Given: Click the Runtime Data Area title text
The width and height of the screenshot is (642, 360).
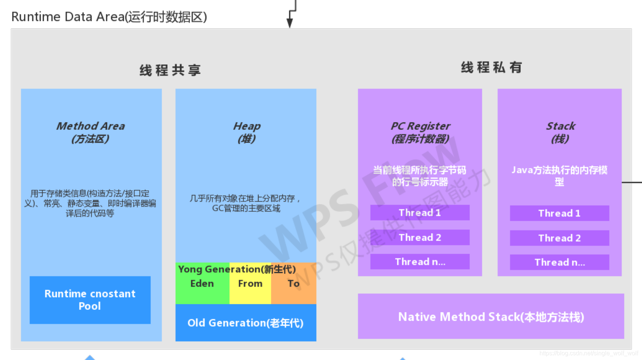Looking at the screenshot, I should tap(109, 17).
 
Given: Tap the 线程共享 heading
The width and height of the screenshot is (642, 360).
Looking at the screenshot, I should tap(170, 70).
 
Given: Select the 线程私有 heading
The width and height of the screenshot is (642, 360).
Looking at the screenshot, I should tap(491, 67).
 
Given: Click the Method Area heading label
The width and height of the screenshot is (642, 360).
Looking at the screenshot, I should tap(91, 132).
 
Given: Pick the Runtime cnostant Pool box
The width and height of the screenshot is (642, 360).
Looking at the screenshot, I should tap(90, 300).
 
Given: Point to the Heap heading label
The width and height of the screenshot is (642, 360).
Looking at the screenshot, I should tap(247, 132).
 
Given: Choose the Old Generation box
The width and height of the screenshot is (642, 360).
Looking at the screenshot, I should tap(246, 323).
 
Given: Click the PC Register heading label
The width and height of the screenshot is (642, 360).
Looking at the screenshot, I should tap(420, 132).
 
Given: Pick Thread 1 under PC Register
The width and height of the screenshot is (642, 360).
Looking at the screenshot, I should tap(420, 213).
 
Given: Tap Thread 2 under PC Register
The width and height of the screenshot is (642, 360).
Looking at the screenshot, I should tap(420, 237).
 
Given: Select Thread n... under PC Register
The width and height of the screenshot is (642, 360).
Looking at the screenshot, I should tap(420, 262).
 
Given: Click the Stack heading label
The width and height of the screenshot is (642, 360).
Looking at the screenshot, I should tap(560, 132).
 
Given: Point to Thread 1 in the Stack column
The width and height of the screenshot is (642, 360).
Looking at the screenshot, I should tap(559, 213).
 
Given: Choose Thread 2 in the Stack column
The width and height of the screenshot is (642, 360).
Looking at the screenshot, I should tap(559, 238).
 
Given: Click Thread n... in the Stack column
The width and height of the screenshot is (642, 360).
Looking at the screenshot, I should tap(559, 262).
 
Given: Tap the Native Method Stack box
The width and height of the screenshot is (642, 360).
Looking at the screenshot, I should tap(491, 317).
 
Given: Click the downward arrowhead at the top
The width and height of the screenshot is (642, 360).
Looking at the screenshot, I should tap(290, 23).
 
